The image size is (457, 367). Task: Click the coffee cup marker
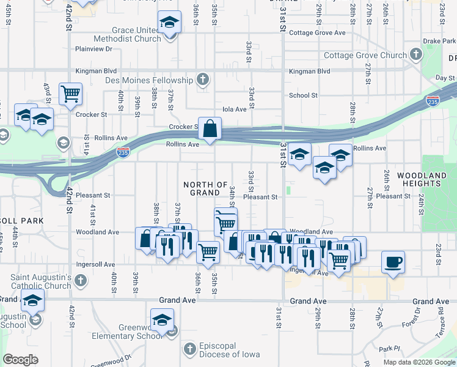pos(393,262)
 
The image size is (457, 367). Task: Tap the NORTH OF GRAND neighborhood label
pos(205,188)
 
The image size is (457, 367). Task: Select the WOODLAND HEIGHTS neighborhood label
pos(422,179)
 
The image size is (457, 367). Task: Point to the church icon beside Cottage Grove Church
pos(416,55)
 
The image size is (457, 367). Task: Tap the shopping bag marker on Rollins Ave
pos(210,129)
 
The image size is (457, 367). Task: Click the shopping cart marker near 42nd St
pos(71,94)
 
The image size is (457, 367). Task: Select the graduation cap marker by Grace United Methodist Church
pos(169,23)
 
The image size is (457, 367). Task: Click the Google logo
pos(21,360)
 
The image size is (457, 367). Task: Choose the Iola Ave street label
pos(234,109)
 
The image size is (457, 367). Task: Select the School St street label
pos(303,95)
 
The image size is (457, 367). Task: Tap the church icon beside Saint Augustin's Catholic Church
pos(81,281)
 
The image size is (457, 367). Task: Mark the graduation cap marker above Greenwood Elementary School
pos(163,319)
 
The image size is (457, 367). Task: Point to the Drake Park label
pos(439,41)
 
